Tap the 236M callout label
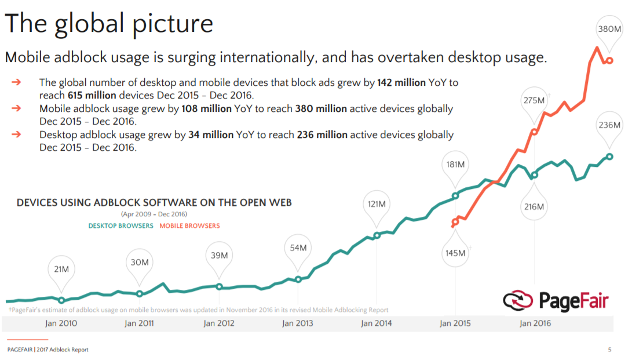click(x=609, y=125)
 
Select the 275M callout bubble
click(x=534, y=100)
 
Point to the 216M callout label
click(x=534, y=206)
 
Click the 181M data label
click(x=455, y=164)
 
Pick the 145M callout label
click(x=455, y=253)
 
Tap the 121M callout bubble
click(x=377, y=204)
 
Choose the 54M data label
click(x=298, y=248)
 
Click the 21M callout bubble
click(x=61, y=269)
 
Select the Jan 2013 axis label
click(x=298, y=323)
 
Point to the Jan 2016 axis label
click(x=535, y=323)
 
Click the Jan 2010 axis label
click(x=61, y=323)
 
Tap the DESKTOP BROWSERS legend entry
click(x=120, y=226)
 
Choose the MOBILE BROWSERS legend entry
click(x=189, y=226)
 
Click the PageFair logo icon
click(x=517, y=301)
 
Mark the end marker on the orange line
click(x=609, y=60)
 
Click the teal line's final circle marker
click(x=609, y=157)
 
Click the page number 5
click(x=609, y=350)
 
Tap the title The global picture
click(x=109, y=24)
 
